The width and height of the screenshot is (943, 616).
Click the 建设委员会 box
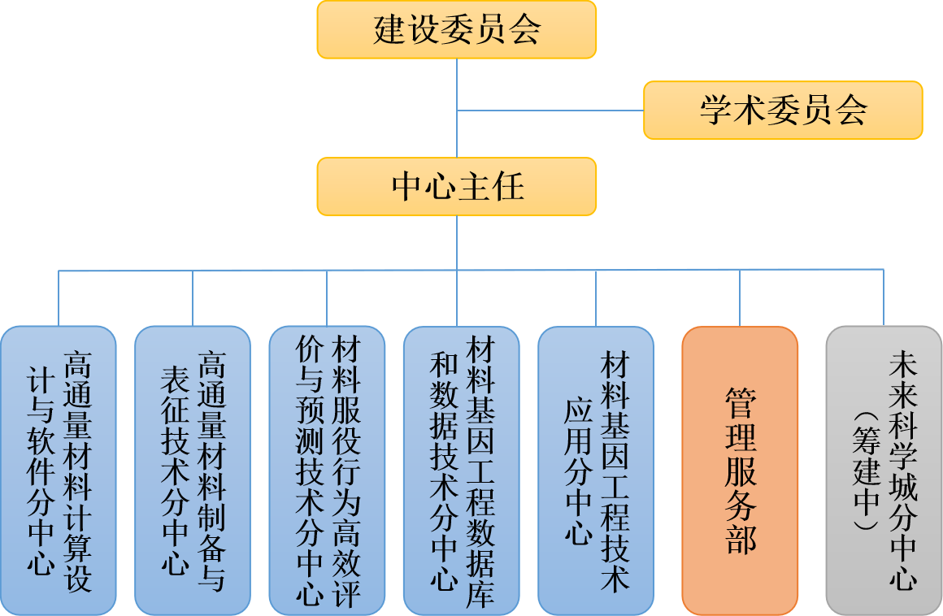457,30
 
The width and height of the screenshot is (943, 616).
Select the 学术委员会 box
783,111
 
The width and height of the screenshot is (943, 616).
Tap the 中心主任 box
457,187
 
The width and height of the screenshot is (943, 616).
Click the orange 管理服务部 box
740,471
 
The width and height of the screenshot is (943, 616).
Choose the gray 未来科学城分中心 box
884,471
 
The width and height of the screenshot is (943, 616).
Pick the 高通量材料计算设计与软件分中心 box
59,471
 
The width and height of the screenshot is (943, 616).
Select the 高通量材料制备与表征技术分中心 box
193,471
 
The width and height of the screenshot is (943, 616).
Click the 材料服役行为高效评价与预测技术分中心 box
327,471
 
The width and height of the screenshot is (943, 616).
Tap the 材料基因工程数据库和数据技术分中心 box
461,471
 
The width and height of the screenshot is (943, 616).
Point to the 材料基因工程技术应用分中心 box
596,471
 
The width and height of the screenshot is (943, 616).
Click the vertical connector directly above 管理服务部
740,297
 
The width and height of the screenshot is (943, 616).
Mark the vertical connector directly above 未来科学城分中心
884,297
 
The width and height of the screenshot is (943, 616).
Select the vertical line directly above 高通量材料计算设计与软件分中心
59,297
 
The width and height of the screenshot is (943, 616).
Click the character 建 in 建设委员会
389,31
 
